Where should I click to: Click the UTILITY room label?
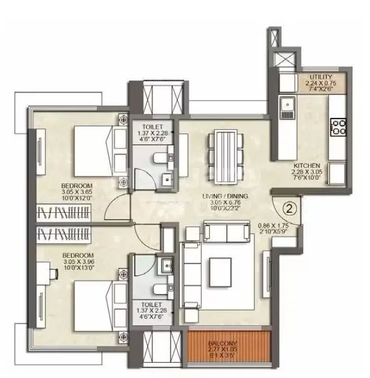point(321,76)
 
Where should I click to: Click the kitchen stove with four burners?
point(339,126)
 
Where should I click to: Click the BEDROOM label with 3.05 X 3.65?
point(78,186)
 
